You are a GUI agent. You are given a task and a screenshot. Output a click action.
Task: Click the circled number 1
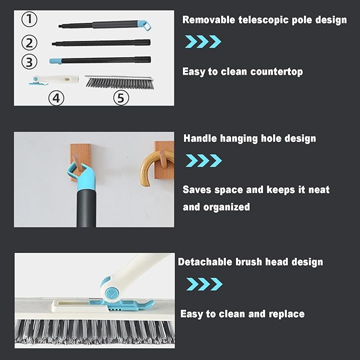[30, 20]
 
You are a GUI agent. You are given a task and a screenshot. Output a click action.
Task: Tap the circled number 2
[30, 42]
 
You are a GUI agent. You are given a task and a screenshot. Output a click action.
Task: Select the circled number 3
[30, 61]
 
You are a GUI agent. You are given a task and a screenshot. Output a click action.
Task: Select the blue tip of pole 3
[55, 61]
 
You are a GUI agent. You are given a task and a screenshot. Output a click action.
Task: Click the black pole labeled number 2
[101, 42]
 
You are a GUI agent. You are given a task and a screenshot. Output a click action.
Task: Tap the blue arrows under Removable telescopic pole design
[203, 41]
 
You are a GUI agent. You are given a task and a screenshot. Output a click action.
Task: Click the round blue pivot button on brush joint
[112, 293]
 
